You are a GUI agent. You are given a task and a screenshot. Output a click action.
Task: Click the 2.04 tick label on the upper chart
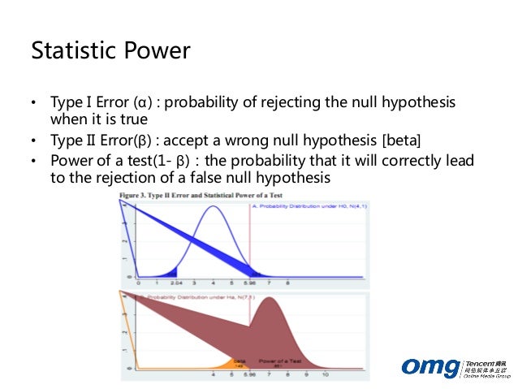(x=175, y=284)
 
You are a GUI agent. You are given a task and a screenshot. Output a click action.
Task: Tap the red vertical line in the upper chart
(x=249, y=244)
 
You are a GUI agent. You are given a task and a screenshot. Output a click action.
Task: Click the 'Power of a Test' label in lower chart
(x=278, y=358)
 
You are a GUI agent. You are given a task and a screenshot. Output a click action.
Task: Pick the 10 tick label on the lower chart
(x=326, y=376)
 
